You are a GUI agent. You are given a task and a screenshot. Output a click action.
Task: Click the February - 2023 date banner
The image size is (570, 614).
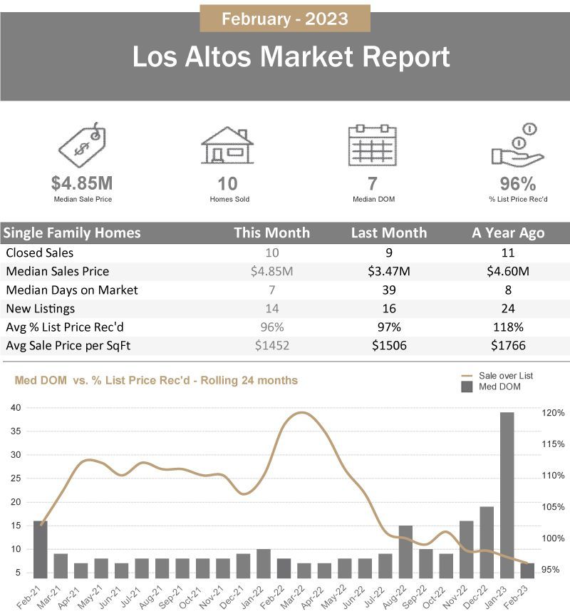click(x=285, y=19)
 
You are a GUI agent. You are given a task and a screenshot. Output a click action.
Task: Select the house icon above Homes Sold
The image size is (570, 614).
click(x=227, y=145)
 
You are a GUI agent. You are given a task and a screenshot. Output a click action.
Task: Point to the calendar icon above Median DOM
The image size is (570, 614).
click(x=372, y=145)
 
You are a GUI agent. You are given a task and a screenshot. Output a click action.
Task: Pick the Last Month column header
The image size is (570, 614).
click(x=389, y=232)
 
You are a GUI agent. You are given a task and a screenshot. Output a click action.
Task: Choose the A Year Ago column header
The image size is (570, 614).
click(x=508, y=232)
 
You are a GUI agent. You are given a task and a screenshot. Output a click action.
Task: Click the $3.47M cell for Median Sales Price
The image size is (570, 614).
click(x=389, y=271)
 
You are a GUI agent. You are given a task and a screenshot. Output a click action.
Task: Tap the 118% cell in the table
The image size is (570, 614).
click(x=508, y=327)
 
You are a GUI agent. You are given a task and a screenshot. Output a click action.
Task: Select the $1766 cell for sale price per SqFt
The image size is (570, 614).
click(x=508, y=345)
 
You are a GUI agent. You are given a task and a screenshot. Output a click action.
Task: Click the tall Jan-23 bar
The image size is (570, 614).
click(x=507, y=495)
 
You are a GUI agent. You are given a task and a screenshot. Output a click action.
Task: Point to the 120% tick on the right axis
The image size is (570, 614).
click(x=553, y=413)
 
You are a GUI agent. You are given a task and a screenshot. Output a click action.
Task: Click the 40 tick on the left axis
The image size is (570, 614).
click(x=16, y=407)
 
